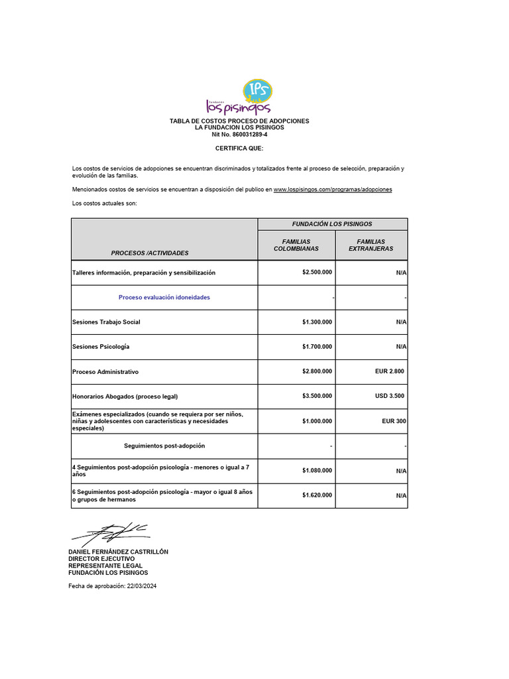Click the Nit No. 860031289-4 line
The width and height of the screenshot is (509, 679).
(x=239, y=135)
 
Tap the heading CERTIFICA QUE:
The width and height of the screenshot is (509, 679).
(x=239, y=149)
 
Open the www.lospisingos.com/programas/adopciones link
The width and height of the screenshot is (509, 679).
(x=333, y=190)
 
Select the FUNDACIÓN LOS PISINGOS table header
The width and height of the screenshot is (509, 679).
(x=332, y=224)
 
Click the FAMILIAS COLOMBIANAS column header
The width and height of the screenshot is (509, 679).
(x=296, y=245)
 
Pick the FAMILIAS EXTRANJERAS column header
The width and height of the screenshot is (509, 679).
(x=370, y=245)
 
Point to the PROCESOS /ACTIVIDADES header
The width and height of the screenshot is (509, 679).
(x=150, y=253)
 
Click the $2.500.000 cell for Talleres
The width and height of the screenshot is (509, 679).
(x=317, y=273)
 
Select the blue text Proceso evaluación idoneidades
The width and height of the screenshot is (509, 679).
(x=164, y=298)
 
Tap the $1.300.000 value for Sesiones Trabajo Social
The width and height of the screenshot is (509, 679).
(x=317, y=322)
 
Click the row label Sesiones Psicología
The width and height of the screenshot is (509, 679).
(x=101, y=347)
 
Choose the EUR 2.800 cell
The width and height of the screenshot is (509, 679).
(x=389, y=372)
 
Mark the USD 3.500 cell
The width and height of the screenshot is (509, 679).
(x=389, y=397)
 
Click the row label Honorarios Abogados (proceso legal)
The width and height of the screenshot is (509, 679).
(x=125, y=397)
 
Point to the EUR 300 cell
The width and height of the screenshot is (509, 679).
(x=393, y=421)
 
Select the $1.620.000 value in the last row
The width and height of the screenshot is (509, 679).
(x=317, y=495)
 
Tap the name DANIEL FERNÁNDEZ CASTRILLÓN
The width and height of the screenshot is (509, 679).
(x=119, y=552)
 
